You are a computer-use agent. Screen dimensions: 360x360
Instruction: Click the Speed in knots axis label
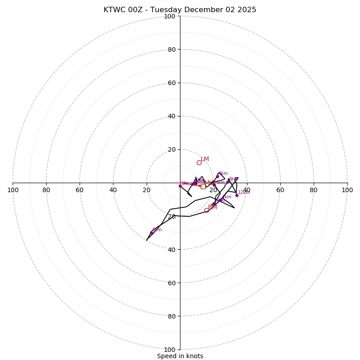(x=180, y=356)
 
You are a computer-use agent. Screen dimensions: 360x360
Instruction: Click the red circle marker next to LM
(x=199, y=162)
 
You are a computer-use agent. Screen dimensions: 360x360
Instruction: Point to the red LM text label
(x=205, y=159)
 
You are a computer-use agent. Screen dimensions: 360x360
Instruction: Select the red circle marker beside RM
(x=207, y=210)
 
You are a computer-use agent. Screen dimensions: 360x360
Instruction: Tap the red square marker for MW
(x=203, y=186)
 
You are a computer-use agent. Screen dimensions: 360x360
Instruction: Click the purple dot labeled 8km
(x=151, y=233)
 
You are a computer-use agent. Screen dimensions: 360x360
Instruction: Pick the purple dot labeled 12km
(x=237, y=195)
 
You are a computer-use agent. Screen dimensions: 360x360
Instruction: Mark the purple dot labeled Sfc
(x=180, y=186)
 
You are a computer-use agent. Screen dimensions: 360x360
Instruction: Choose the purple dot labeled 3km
(x=217, y=176)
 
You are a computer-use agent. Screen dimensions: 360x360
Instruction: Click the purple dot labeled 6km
(x=228, y=181)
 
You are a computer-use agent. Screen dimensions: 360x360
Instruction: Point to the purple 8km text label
(x=157, y=230)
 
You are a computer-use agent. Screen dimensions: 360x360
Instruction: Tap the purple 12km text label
(x=244, y=193)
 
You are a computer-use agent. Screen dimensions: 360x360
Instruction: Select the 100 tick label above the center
(x=170, y=16)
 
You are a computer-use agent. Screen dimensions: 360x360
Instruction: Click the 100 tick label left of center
(x=13, y=190)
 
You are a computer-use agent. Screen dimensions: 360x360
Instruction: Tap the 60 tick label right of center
(x=280, y=190)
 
